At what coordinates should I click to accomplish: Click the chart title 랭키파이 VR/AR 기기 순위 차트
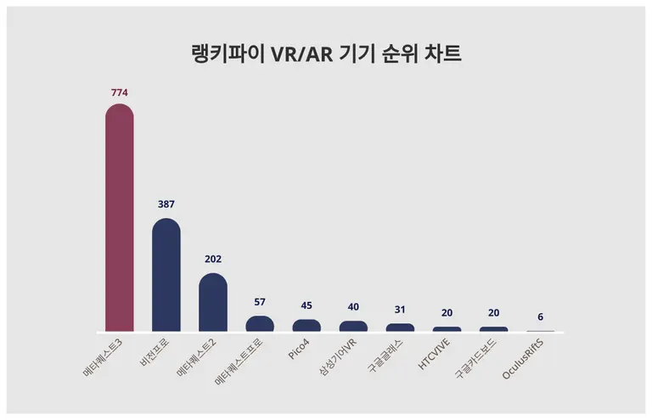326,53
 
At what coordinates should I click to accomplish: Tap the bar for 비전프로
166,275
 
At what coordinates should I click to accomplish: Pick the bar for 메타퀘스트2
213,303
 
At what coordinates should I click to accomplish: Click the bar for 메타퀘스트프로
260,324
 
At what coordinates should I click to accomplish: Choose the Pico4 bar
306,326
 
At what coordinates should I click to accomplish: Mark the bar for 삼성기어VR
353,327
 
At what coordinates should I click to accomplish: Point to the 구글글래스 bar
400,328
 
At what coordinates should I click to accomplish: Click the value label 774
119,92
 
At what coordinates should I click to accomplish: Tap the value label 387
166,204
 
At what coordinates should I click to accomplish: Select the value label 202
213,259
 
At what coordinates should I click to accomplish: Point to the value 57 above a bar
260,302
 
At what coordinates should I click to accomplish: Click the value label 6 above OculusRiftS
541,316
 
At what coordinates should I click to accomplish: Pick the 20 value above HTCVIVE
447,312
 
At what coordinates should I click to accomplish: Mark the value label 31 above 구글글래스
400,309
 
